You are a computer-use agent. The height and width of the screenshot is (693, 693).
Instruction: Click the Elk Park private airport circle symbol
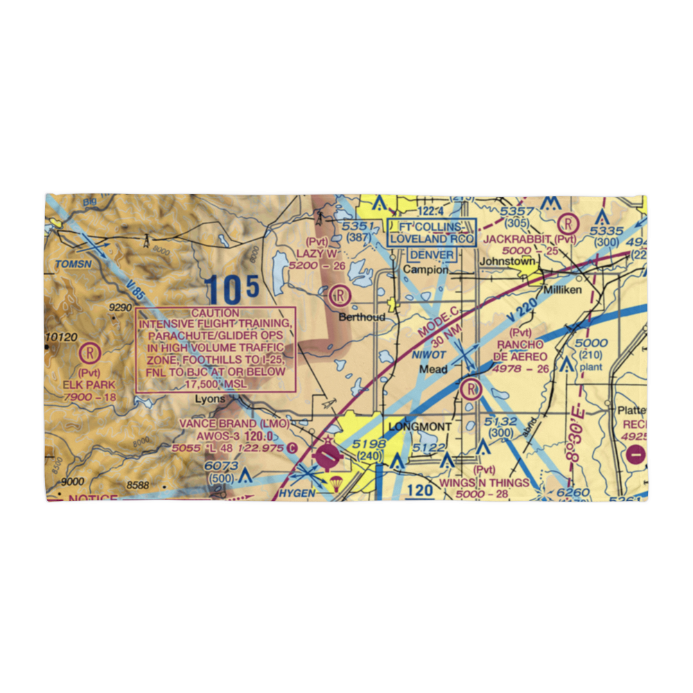[x=89, y=354]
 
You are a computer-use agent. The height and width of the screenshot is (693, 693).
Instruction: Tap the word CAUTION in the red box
[x=216, y=313]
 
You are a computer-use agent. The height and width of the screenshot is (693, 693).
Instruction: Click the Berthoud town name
[x=362, y=317]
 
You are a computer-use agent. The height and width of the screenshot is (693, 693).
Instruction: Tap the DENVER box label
[x=432, y=254]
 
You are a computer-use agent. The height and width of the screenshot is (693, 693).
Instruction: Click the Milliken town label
[x=562, y=290]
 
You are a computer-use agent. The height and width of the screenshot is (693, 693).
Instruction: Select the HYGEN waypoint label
[x=298, y=493]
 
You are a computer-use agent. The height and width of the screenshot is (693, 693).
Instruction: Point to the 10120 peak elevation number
[x=62, y=337]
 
